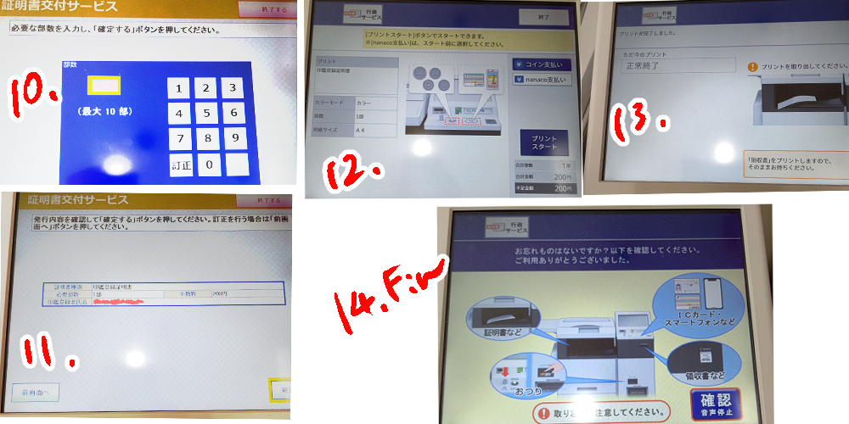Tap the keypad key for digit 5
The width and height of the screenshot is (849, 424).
(205, 113)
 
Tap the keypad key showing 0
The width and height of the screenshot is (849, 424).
(205, 165)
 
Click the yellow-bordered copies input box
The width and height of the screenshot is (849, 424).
(105, 85)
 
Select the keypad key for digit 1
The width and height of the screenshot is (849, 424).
(178, 88)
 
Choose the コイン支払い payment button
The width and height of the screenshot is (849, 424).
(542, 64)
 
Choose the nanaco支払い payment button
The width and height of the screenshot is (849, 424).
(542, 80)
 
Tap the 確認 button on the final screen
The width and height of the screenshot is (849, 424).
(714, 404)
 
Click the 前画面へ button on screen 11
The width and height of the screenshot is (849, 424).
(34, 392)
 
